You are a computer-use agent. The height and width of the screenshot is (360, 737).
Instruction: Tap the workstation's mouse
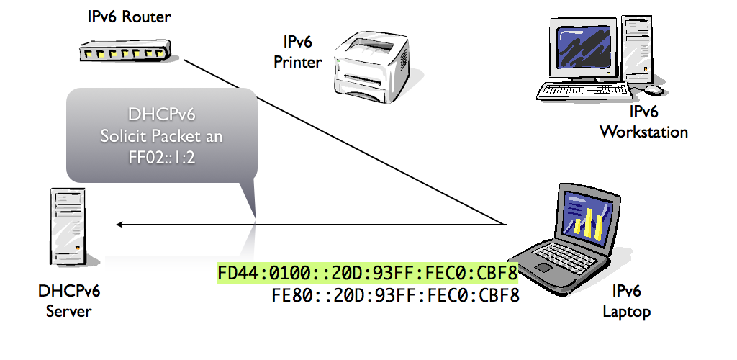(654, 90)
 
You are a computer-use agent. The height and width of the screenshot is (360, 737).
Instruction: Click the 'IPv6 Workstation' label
(643, 122)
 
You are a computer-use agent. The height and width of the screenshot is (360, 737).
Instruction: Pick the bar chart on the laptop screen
(589, 219)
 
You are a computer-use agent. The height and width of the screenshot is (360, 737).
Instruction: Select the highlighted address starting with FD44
(368, 274)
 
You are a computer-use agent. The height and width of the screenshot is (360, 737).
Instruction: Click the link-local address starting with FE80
(395, 295)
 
